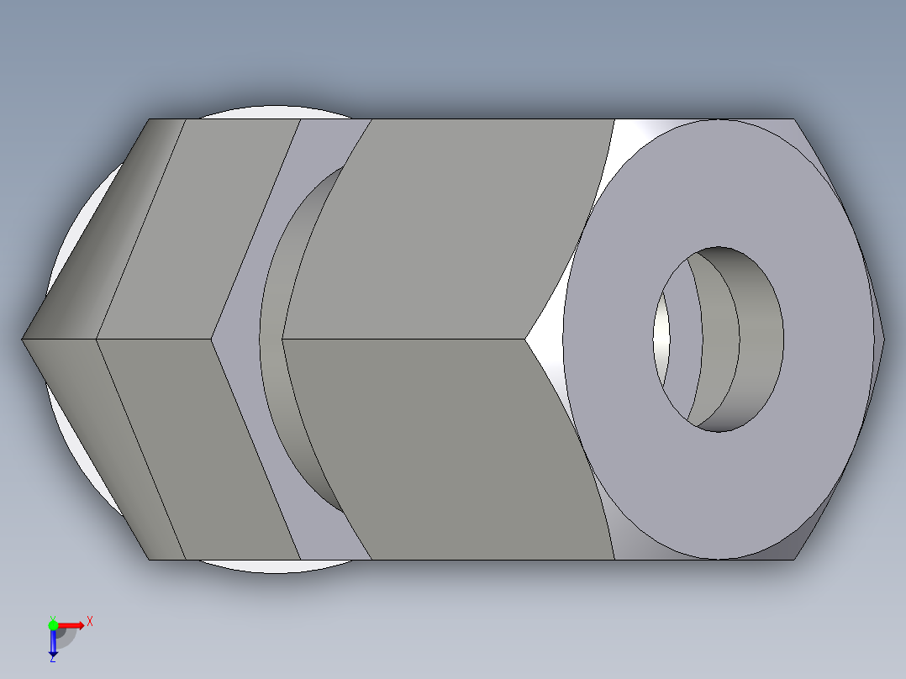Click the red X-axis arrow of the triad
coord(74,624)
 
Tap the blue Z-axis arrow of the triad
coord(53,643)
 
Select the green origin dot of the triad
coord(53,624)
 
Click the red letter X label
coord(90,622)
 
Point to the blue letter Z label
coord(52,659)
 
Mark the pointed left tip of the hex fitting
coord(24,339)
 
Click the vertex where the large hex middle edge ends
coord(526,339)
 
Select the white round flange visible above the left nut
coord(252,113)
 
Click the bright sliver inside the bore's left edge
coord(662,336)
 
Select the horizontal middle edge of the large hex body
coord(403,339)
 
